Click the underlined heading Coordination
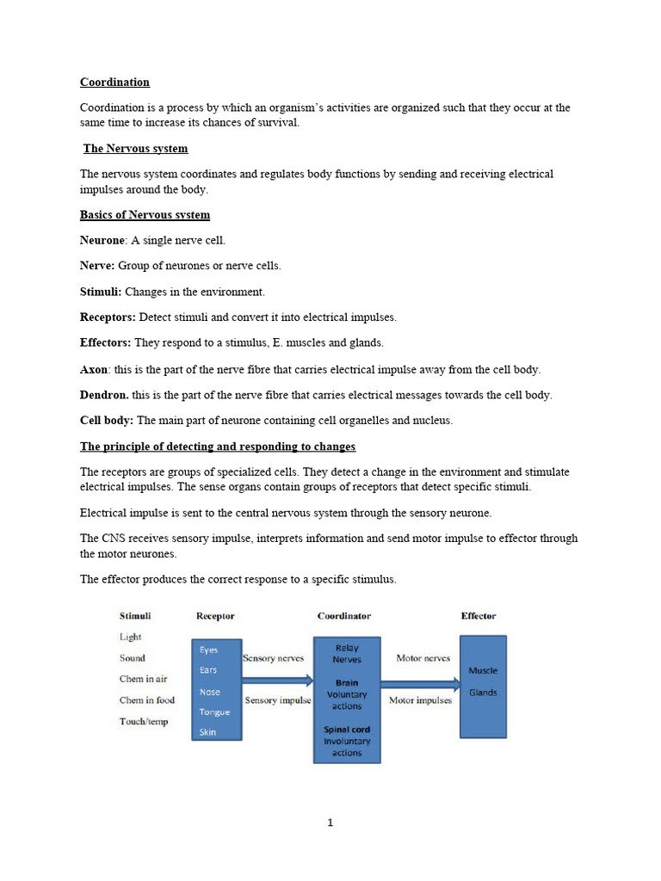point(114,83)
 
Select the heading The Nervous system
point(135,149)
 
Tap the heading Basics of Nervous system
point(145,215)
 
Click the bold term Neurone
point(102,241)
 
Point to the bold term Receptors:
point(108,317)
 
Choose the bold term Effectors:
point(105,343)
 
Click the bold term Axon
point(94,369)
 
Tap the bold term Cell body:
point(107,421)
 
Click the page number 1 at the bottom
point(330,822)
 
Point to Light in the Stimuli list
point(131,638)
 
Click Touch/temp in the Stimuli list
point(144,722)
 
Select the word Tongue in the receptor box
point(214,712)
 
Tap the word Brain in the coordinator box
point(347,683)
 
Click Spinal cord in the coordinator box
point(347,730)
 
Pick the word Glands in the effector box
point(483,693)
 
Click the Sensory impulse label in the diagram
point(278,700)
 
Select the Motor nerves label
point(423,658)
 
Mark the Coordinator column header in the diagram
point(344,616)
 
